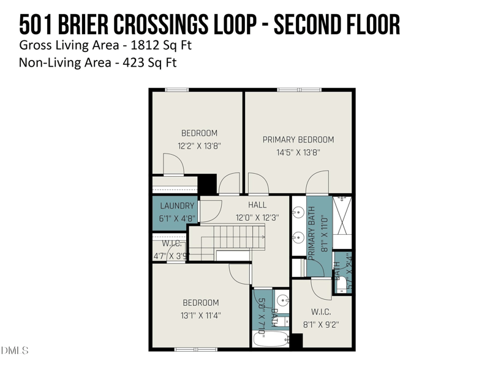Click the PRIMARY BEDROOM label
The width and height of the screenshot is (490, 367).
298,139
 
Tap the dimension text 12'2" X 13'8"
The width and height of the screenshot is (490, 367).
199,146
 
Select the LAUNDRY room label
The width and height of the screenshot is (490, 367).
177,206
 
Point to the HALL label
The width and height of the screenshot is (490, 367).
257,205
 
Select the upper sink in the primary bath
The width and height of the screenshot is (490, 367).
298,213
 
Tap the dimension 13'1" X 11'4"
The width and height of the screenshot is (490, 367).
200,316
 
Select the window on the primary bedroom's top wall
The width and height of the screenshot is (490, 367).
299,90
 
